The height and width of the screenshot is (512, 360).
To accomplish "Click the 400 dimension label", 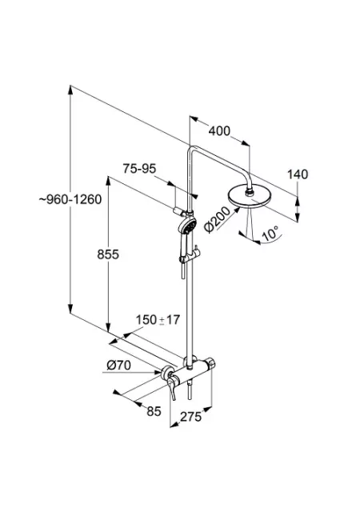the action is (219, 131).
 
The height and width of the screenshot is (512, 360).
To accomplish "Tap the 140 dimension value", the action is (298, 174).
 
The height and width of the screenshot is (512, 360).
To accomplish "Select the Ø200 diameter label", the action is (217, 219).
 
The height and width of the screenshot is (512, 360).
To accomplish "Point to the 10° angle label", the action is (271, 233).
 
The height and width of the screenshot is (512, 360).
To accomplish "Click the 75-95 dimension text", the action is (139, 169).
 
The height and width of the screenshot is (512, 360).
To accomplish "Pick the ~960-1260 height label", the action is (70, 199).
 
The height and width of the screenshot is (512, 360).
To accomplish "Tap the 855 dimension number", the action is (108, 254).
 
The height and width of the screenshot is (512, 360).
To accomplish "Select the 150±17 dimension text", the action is (158, 320).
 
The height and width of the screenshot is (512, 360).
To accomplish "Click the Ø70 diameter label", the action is (119, 366).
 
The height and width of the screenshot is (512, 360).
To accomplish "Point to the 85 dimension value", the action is (154, 411).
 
